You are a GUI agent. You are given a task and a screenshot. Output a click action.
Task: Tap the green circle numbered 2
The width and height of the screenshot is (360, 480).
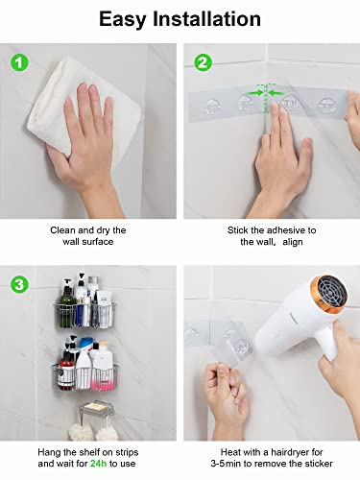pyautogui.click(x=202, y=63)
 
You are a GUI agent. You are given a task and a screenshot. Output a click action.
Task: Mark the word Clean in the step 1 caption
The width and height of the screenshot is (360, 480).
pyautogui.click(x=64, y=230)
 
